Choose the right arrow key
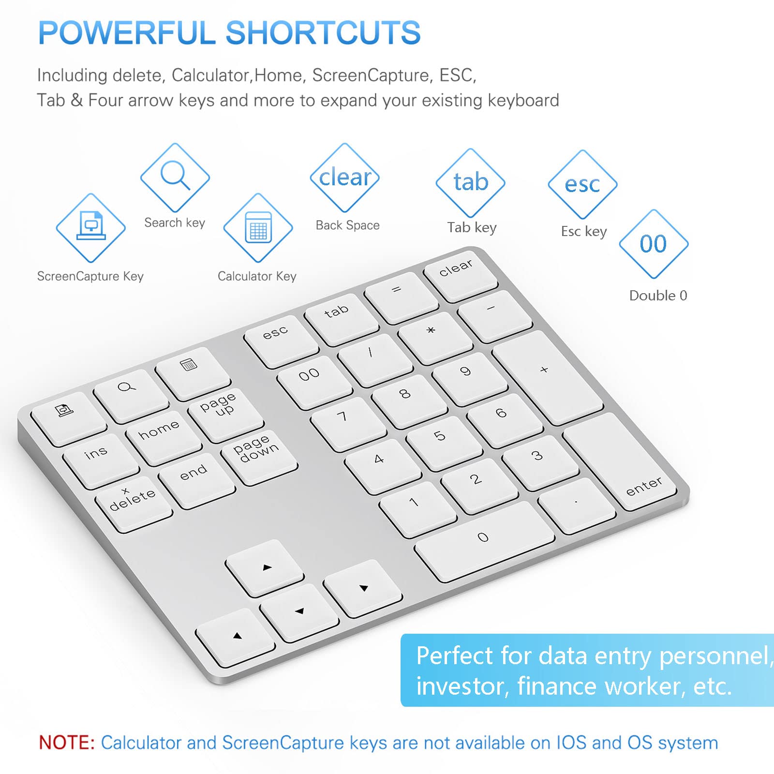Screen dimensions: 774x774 (x=363, y=587)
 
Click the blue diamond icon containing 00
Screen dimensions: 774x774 (x=654, y=244)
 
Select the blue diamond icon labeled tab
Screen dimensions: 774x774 (x=471, y=183)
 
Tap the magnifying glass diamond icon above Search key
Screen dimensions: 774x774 (x=175, y=177)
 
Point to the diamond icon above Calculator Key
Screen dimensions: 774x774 (x=258, y=228)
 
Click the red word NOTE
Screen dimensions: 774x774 (x=67, y=743)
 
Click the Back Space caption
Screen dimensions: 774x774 (x=347, y=225)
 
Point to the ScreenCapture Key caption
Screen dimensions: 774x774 (x=90, y=276)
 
